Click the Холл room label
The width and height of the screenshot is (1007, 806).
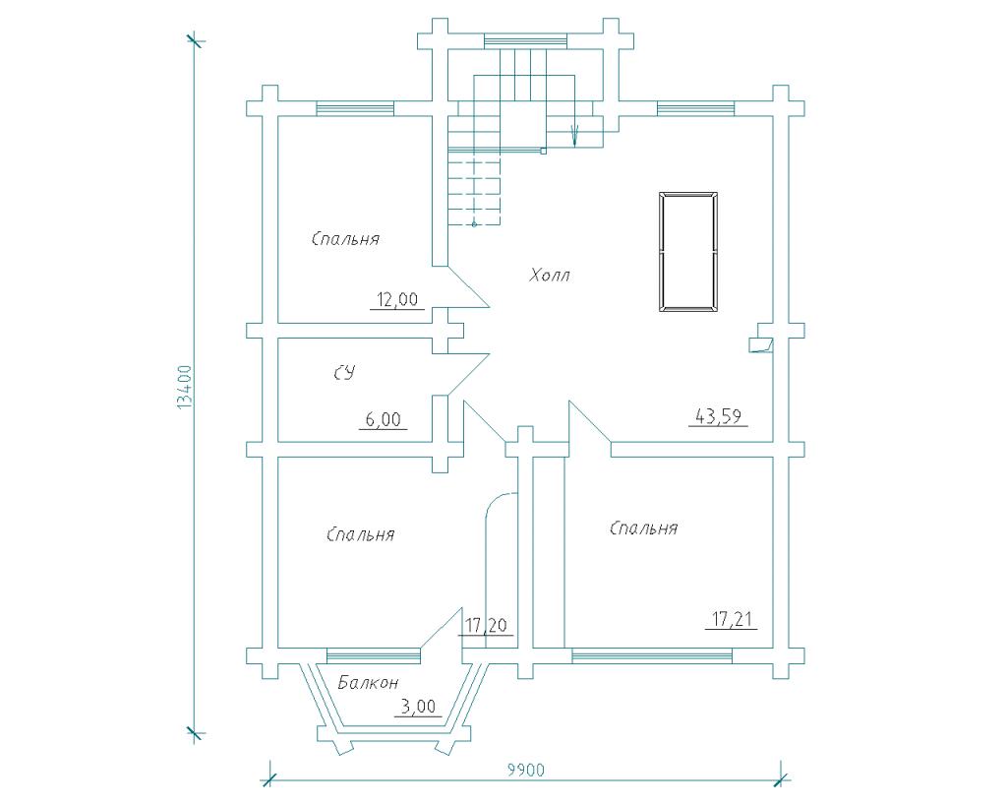(550, 276)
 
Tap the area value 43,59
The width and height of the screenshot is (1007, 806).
(719, 416)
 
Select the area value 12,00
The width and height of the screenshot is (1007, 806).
(397, 299)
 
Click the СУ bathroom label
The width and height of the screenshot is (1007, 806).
(344, 373)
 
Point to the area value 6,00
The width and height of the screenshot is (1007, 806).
(383, 419)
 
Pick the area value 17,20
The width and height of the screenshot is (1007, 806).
(486, 625)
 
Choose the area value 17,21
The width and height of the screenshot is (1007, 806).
(732, 620)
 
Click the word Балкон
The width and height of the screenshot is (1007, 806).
(369, 682)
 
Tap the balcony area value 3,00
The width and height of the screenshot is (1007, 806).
(418, 707)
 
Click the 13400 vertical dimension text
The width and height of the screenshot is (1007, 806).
(184, 388)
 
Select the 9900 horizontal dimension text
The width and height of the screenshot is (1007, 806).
(526, 770)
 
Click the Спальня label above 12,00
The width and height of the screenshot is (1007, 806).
(345, 239)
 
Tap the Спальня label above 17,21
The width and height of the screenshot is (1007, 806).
(643, 528)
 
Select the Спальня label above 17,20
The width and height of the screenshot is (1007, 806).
(360, 534)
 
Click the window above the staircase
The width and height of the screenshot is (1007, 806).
(525, 41)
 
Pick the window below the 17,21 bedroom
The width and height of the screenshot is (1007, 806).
(652, 655)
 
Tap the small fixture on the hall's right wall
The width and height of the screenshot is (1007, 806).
(762, 339)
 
